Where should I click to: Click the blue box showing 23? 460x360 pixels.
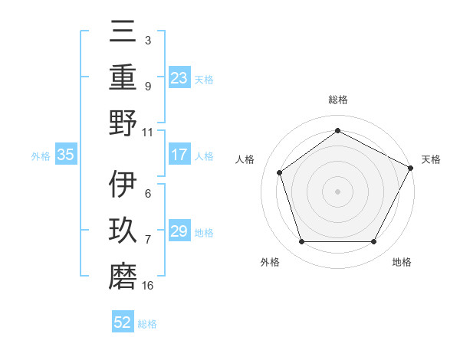tap(179, 77)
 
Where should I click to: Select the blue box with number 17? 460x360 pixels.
tap(179, 155)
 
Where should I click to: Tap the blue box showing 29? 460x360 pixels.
tap(179, 232)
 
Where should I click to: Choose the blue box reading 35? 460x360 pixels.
tap(66, 155)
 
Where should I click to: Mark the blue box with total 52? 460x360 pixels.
tap(123, 322)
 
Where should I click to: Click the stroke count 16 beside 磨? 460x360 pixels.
tap(147, 286)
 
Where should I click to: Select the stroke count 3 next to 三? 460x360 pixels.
tap(147, 40)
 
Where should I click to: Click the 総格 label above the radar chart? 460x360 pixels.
tap(338, 100)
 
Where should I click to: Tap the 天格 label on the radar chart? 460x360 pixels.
tap(431, 159)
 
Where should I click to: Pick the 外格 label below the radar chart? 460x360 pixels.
tap(270, 262)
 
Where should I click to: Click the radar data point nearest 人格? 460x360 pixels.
tap(280, 172)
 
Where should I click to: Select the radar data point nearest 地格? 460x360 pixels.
tap(373, 242)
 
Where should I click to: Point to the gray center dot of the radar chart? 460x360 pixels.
tap(338, 191)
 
